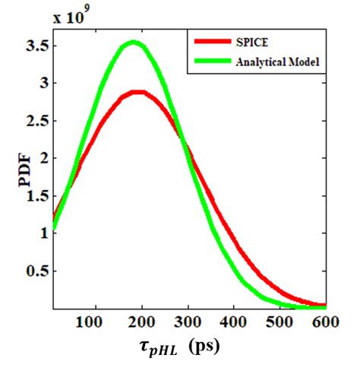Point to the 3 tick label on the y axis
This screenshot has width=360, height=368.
(39, 83)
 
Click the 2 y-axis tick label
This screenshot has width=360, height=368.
(39, 158)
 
